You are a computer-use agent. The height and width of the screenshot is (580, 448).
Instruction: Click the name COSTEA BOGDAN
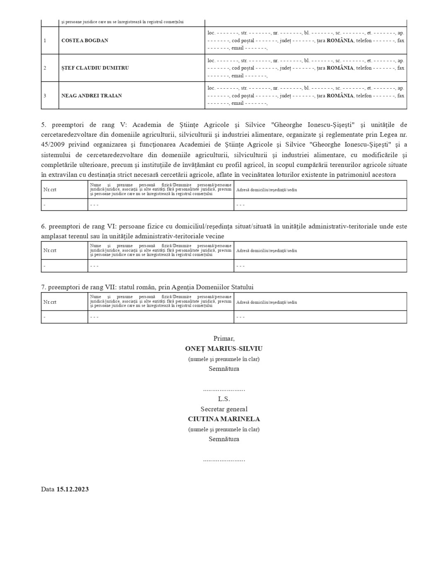pyautogui.click(x=84, y=41)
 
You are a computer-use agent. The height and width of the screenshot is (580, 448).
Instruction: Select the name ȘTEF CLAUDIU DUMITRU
pyautogui.click(x=95, y=68)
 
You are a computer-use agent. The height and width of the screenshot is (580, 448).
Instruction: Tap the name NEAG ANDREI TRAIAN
pyautogui.click(x=92, y=96)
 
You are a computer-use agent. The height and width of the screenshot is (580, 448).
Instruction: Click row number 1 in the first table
pyautogui.click(x=45, y=41)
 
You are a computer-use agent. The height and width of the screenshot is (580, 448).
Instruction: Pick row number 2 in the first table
pyautogui.click(x=45, y=68)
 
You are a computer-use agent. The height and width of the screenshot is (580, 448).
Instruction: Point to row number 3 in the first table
pyautogui.click(x=45, y=96)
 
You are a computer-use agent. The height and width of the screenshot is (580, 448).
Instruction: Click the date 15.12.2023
pyautogui.click(x=72, y=489)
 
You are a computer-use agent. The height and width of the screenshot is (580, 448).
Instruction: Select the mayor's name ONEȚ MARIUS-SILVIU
pyautogui.click(x=224, y=349)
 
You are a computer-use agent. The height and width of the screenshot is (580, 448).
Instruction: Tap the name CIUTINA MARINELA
pyautogui.click(x=224, y=419)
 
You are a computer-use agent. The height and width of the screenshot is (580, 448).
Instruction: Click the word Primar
pyautogui.click(x=224, y=338)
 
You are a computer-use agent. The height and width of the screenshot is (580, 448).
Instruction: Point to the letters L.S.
pyautogui.click(x=224, y=399)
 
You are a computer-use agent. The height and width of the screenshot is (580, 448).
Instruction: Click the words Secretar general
pyautogui.click(x=224, y=409)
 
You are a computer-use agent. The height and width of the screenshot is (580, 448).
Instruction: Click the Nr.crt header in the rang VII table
pyautogui.click(x=50, y=302)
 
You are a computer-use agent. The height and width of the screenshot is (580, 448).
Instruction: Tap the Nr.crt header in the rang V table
pyautogui.click(x=50, y=190)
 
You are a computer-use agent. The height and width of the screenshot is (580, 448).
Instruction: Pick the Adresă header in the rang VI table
pyautogui.click(x=266, y=251)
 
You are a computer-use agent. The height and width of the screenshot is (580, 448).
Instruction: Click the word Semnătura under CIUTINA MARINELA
pyautogui.click(x=224, y=439)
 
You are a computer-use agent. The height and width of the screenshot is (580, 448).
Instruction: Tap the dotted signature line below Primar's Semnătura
pyautogui.click(x=224, y=389)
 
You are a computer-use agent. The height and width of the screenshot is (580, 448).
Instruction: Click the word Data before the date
pyautogui.click(x=48, y=489)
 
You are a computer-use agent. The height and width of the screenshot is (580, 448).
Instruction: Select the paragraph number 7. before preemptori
pyautogui.click(x=43, y=287)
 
